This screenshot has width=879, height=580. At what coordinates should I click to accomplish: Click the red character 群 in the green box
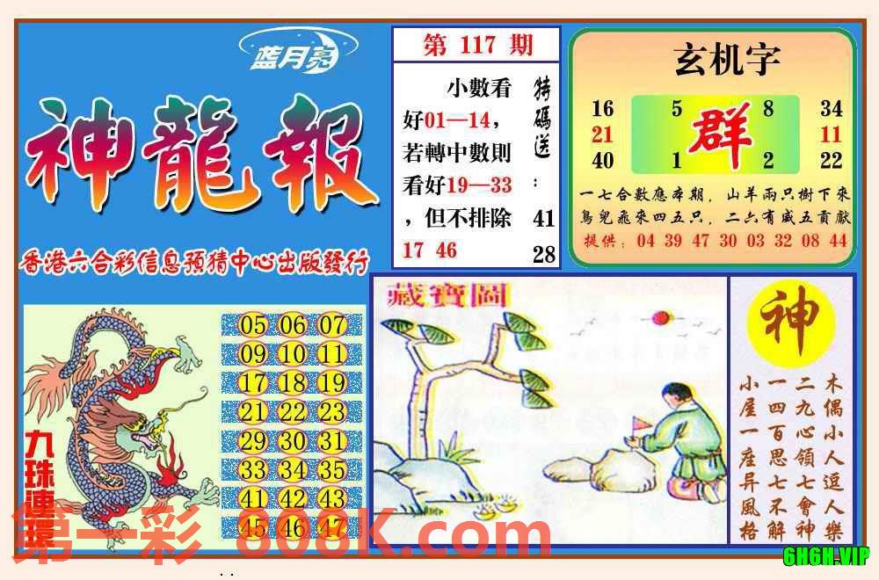click(x=720, y=134)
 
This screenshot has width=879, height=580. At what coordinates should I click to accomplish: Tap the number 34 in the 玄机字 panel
click(x=831, y=109)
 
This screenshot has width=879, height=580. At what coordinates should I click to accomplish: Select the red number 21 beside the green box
click(x=602, y=134)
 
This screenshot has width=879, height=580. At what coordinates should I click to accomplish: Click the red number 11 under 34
click(x=831, y=134)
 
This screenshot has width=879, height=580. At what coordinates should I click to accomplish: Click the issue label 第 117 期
click(x=477, y=45)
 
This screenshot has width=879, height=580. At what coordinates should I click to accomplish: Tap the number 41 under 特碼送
click(x=544, y=218)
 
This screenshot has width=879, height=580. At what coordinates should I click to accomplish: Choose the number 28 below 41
click(x=544, y=254)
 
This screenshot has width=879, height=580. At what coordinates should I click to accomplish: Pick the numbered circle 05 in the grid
click(x=253, y=326)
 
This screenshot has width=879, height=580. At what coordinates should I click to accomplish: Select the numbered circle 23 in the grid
click(x=332, y=412)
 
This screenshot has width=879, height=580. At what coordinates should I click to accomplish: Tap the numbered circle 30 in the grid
click(x=293, y=441)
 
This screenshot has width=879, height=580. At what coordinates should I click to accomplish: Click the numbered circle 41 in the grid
click(x=253, y=498)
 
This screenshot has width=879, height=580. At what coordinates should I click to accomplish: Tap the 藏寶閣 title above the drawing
click(x=448, y=297)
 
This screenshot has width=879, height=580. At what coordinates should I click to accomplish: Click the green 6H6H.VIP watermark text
click(x=826, y=555)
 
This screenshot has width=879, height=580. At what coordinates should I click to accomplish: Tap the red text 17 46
click(x=430, y=250)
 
